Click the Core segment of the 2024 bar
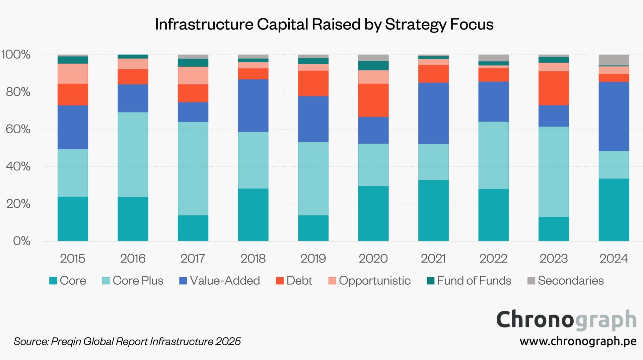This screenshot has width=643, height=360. [614, 210]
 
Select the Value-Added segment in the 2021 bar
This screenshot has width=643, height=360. [433, 113]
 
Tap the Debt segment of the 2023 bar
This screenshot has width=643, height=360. [554, 88]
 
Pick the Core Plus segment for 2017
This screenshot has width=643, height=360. [193, 168]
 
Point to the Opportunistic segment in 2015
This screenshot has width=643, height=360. [73, 73]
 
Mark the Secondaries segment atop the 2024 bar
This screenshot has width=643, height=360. [614, 60]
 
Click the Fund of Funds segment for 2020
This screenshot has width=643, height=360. [373, 66]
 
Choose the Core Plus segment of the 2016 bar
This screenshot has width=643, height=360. [133, 154]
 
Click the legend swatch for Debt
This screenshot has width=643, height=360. [280, 281]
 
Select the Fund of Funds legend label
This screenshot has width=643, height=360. [474, 281]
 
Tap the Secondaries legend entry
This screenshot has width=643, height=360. [570, 281]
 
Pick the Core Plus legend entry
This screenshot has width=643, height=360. [138, 281]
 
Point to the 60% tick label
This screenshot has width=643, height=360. [18, 129]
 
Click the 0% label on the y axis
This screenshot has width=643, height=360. [22, 241]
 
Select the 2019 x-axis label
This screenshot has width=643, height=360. [313, 259]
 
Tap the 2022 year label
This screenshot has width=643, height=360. [493, 259]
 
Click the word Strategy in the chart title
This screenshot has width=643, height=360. [415, 24]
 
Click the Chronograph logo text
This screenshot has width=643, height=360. [566, 320]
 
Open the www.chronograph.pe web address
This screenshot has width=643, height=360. [578, 341]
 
